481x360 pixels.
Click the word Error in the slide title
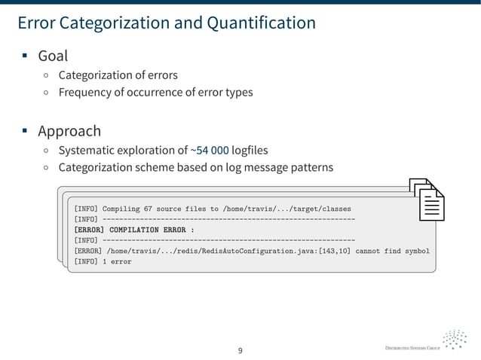35,23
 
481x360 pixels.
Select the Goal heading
53,56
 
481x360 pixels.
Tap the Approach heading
69,131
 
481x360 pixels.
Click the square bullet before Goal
25,56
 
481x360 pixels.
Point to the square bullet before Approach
25,132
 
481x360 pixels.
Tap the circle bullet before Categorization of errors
47,75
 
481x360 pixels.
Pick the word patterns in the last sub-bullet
310,168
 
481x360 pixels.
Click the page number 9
240,350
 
